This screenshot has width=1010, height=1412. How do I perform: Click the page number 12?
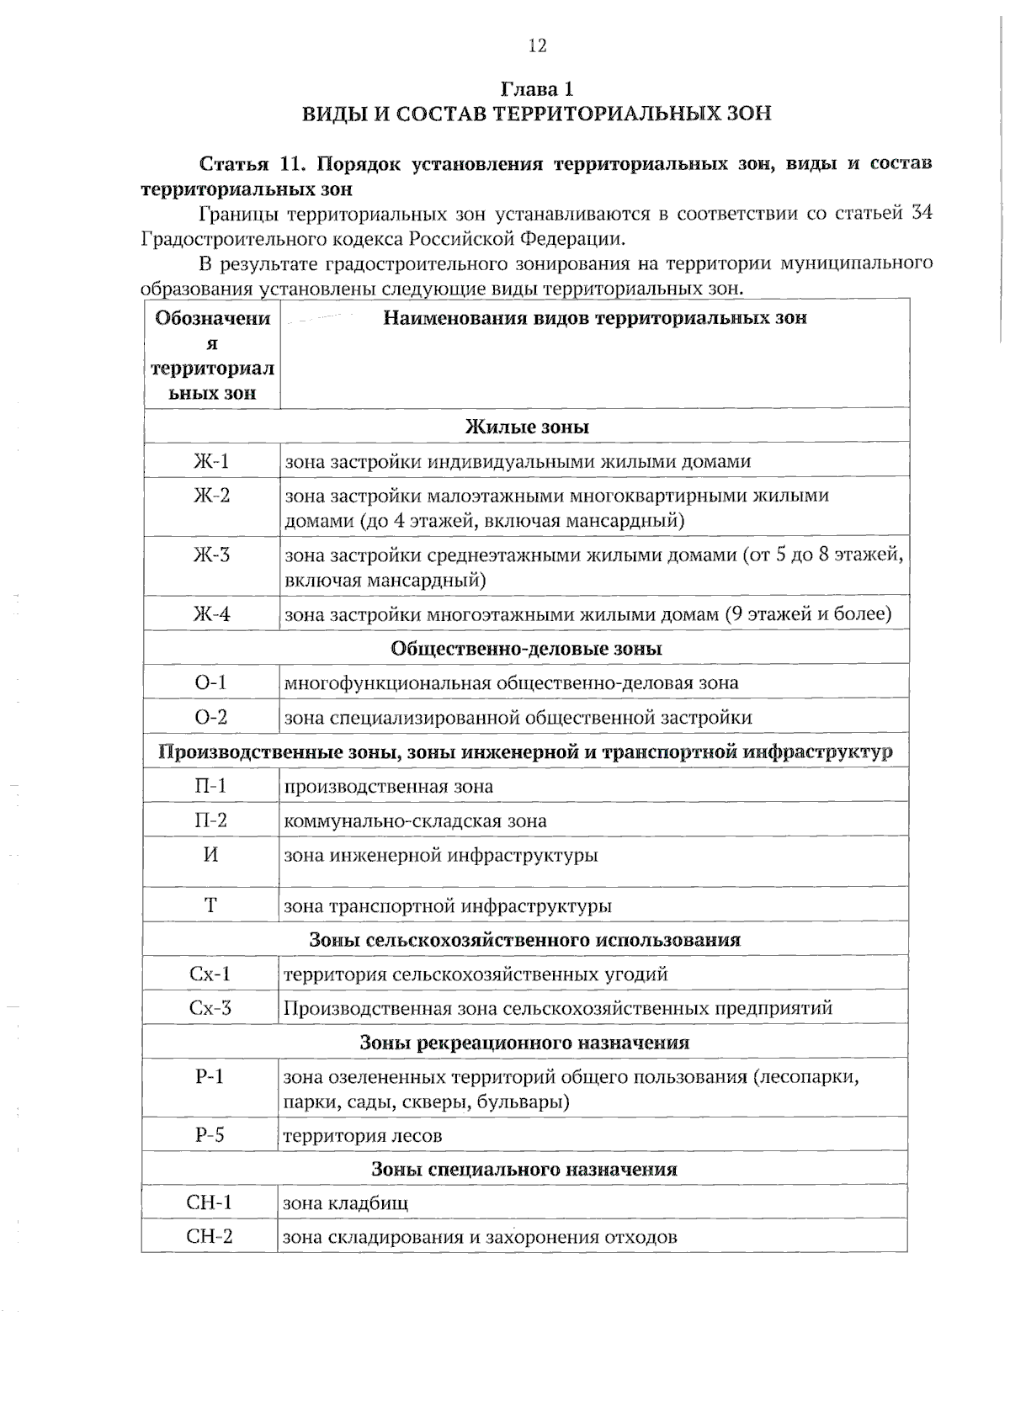pos(537,46)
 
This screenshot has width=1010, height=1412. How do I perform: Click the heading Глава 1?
pos(537,88)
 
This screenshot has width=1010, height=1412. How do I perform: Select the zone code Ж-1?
pos(211,461)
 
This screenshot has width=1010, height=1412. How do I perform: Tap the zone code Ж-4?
pos(211,614)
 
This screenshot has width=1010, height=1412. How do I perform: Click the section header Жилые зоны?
pos(527,427)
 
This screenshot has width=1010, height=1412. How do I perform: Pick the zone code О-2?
pos(211,718)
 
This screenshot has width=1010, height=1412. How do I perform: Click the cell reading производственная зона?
pos(388,787)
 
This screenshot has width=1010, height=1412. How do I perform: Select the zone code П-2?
pos(211,820)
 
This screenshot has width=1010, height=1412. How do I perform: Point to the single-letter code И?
pos(211,855)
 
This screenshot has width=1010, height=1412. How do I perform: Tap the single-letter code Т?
pos(211,906)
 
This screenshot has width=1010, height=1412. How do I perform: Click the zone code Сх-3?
pos(210,1008)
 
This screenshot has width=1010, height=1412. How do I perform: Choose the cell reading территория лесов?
pos(363,1136)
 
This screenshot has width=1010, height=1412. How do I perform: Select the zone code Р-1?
pos(210,1076)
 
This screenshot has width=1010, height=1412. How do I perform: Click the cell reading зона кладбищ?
pos(345,1203)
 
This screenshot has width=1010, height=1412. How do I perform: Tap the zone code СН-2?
pos(210,1237)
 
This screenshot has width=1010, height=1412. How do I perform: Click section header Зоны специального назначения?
pos(524,1170)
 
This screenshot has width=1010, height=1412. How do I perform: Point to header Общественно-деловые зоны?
pos(526,649)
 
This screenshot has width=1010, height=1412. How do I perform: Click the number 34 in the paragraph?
pos(922,213)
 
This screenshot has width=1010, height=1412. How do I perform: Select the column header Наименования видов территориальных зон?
pos(594,318)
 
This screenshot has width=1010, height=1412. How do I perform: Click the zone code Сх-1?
pos(210,974)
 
